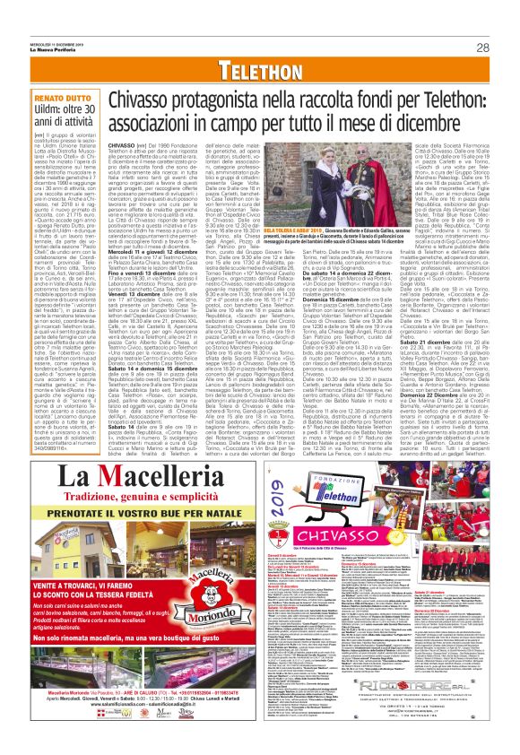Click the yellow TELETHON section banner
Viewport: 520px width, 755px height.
259,70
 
